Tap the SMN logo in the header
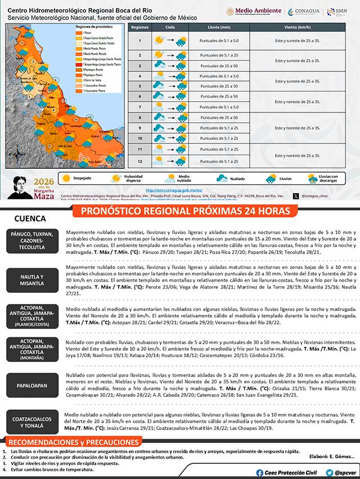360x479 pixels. pyautogui.click(x=338, y=11)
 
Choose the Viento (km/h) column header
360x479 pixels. pyautogui.click(x=297, y=27)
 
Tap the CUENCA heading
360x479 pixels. pyautogui.click(x=30, y=218)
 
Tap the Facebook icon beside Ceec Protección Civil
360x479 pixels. pyautogui.click(x=259, y=472)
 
